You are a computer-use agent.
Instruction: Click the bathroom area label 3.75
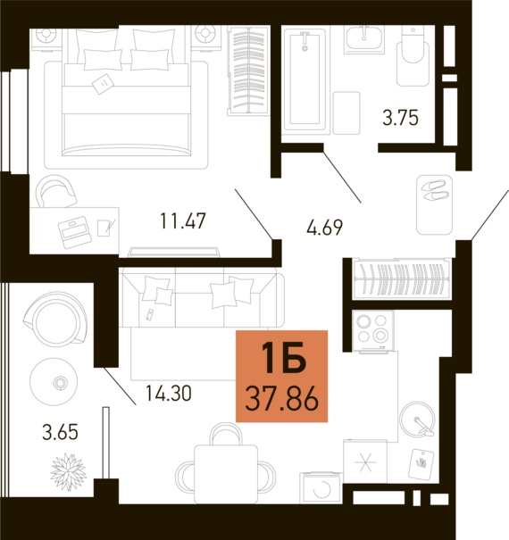pyautogui.click(x=400, y=118)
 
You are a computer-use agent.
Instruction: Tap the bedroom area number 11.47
pyautogui.click(x=183, y=221)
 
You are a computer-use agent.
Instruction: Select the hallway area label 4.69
pyautogui.click(x=325, y=228)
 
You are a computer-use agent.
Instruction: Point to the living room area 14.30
pyautogui.click(x=169, y=394)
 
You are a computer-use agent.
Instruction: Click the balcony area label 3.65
pyautogui.click(x=61, y=432)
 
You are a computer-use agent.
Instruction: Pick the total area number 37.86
pyautogui.click(x=281, y=399)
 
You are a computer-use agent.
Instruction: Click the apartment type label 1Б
pyautogui.click(x=284, y=358)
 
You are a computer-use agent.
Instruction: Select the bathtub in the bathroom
pyautogui.click(x=305, y=79)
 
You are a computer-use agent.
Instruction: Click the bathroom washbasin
pyautogui.click(x=364, y=39)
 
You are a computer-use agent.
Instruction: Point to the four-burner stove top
pyautogui.click(x=373, y=331)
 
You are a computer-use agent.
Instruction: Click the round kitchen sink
pyautogui.click(x=417, y=420)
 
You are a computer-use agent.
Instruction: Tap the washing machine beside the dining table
pyautogui.click(x=321, y=488)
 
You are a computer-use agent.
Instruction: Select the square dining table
pyautogui.click(x=226, y=474)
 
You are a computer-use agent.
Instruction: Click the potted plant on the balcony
pyautogui.click(x=68, y=472)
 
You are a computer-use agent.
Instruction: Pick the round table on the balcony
pyautogui.click(x=54, y=382)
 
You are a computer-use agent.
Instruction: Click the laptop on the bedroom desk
pyautogui.click(x=75, y=232)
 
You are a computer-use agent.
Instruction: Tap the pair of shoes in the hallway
pyautogui.click(x=435, y=190)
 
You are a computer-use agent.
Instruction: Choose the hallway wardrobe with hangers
pyautogui.click(x=402, y=278)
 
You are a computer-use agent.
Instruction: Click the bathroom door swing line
pyautogui.click(x=342, y=177)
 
